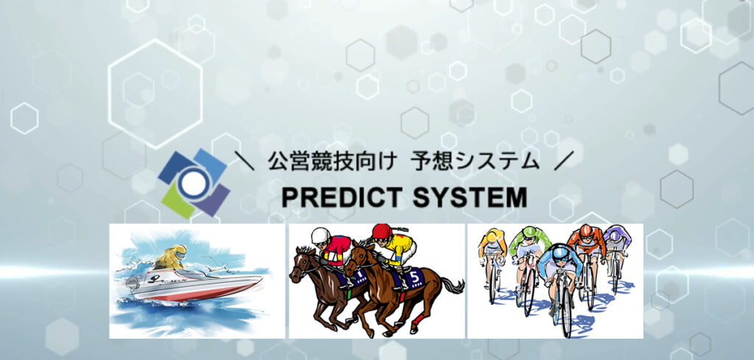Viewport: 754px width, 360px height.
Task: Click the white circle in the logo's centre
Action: pyautogui.click(x=193, y=184)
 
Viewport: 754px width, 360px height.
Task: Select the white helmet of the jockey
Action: pyautogui.click(x=318, y=235)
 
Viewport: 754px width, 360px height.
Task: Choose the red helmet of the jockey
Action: pyautogui.click(x=381, y=231)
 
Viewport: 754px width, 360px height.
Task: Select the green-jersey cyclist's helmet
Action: pyautogui.click(x=525, y=234)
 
